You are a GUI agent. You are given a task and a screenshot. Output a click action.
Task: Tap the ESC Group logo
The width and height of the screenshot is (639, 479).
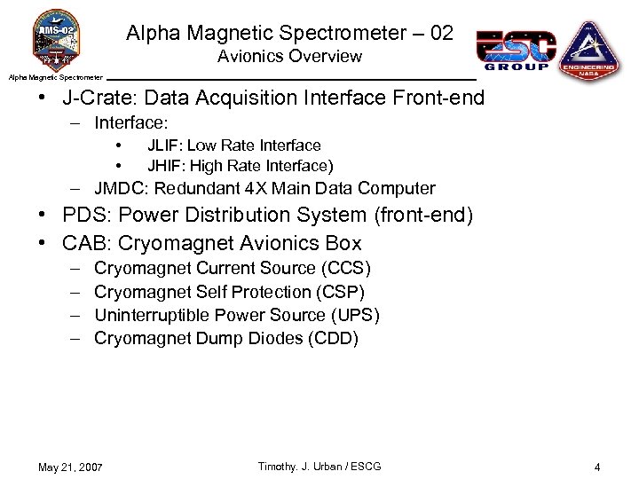click(x=517, y=49)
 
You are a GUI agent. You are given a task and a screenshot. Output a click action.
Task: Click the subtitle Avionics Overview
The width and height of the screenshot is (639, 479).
click(x=289, y=57)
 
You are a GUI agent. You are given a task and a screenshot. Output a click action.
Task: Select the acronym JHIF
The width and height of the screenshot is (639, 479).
click(x=163, y=166)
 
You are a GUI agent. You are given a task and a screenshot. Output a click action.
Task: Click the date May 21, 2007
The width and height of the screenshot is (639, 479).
click(x=71, y=467)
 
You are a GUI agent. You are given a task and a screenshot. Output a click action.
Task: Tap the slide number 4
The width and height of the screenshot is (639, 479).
click(x=597, y=467)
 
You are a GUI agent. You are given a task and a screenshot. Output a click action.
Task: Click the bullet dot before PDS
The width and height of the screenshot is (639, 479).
click(x=43, y=216)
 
